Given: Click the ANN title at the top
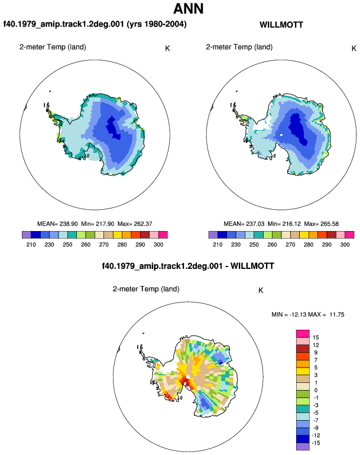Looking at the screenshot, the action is pos(189,8).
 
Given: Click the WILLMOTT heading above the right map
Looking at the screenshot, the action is pos(281,25).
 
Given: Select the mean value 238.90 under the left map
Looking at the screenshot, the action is pos(69,224).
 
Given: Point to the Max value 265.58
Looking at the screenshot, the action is pos(329,224).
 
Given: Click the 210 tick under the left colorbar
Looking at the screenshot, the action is pos(31,245).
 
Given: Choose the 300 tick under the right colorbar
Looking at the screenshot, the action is pos(345,245).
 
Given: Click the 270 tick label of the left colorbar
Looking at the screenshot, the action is pos(103,245).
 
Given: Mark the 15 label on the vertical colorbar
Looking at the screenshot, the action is pos(316,337).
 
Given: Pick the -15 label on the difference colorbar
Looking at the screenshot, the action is pos(316,443).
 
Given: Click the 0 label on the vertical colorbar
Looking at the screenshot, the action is pos(316,390).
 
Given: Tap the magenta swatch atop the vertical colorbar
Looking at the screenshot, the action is pos(303,334).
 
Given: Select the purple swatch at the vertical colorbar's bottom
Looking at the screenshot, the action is pos(303,447).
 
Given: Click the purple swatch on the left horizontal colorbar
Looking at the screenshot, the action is pos(27,235).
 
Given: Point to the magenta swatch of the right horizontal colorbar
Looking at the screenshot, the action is pos(349,235).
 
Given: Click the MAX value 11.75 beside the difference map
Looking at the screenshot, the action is pos(337,314).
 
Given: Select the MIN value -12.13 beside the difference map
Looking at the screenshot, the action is pos(298,314).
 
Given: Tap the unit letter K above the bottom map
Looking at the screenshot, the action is pos(261,291).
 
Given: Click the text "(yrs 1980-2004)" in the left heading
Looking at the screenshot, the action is pos(157,24).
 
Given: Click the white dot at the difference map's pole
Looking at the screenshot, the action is pos(188,376).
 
